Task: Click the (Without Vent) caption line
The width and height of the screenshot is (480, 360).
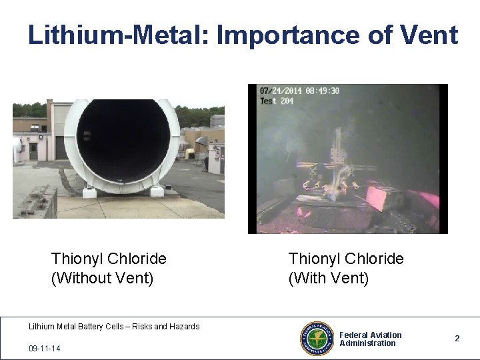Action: coord(102,277)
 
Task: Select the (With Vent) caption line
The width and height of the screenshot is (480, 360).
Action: coord(328,277)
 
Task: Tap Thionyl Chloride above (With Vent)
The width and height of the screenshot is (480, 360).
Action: coord(345,259)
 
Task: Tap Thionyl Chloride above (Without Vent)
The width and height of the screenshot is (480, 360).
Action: coord(109,259)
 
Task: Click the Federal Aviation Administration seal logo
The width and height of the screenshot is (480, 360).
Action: coord(317,339)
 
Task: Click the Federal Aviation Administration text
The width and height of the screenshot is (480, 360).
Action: coord(370,339)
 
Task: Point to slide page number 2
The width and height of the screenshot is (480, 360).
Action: coord(457,339)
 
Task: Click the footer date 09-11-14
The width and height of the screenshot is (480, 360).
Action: coord(43,349)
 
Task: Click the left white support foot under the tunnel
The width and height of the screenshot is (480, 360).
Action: coord(89,192)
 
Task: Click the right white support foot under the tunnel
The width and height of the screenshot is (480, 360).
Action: coord(157,191)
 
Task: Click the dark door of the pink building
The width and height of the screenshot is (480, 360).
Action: coord(33,151)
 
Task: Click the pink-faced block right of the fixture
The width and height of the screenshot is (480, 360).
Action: coord(384,199)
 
